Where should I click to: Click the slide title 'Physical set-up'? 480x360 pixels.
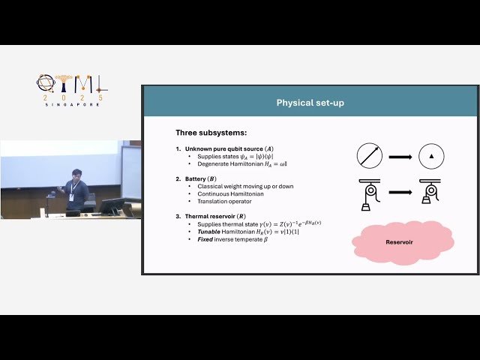(310, 102)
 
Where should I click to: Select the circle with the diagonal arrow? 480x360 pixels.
(369, 156)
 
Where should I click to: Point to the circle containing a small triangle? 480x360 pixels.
(431, 156)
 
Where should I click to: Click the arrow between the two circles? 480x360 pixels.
(400, 156)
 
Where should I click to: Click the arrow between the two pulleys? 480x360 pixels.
(400, 192)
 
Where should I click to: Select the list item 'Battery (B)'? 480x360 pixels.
(205, 179)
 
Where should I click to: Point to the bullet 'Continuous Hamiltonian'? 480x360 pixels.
(229, 193)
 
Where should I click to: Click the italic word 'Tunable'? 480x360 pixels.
(209, 231)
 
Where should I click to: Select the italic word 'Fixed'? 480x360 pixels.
(205, 238)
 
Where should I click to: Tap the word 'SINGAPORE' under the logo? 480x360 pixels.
(70, 104)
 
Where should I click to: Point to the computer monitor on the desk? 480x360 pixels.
(112, 205)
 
